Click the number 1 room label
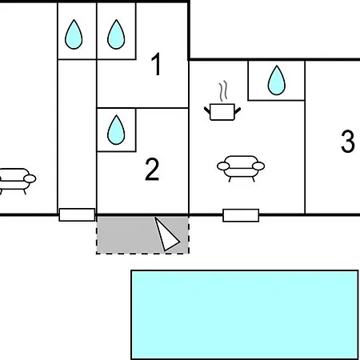[156, 64]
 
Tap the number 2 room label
[152, 170]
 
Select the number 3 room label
[348, 141]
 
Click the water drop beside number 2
[116, 130]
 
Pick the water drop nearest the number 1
[116, 34]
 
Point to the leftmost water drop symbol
[74, 34]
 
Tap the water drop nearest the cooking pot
[277, 80]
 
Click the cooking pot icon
[222, 112]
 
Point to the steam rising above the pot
[223, 91]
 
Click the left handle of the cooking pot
[207, 110]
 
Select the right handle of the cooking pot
[238, 110]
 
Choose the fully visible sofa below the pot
[241, 169]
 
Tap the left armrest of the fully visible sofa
[223, 166]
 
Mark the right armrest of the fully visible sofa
[258, 166]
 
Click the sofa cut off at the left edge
[17, 182]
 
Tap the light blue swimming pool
[245, 314]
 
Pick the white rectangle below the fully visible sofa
[241, 215]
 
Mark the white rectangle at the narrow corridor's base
[77, 214]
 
